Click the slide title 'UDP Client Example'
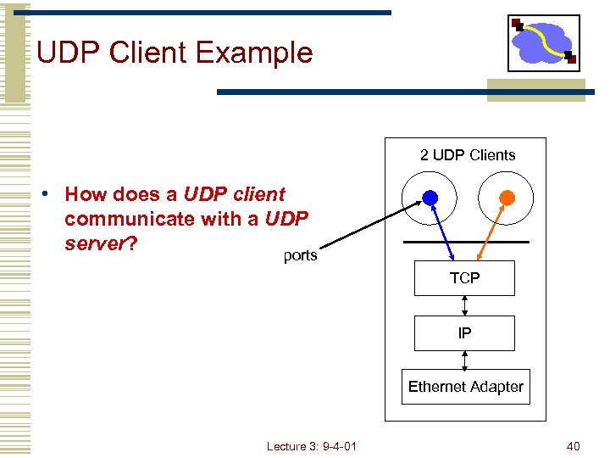click(x=175, y=53)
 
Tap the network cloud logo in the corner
click(x=543, y=42)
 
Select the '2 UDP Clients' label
click(x=468, y=155)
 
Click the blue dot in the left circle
click(x=430, y=198)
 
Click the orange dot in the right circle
click(x=506, y=198)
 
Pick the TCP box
click(x=464, y=278)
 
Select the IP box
click(x=464, y=333)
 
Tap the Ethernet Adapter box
click(x=465, y=387)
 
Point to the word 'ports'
click(x=300, y=255)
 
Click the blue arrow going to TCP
click(x=441, y=230)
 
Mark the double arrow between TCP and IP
click(x=464, y=305)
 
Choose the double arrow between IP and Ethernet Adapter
click(x=464, y=360)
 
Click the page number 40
click(x=573, y=446)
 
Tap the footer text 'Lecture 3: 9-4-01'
click(x=311, y=446)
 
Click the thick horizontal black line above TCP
click(x=466, y=243)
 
